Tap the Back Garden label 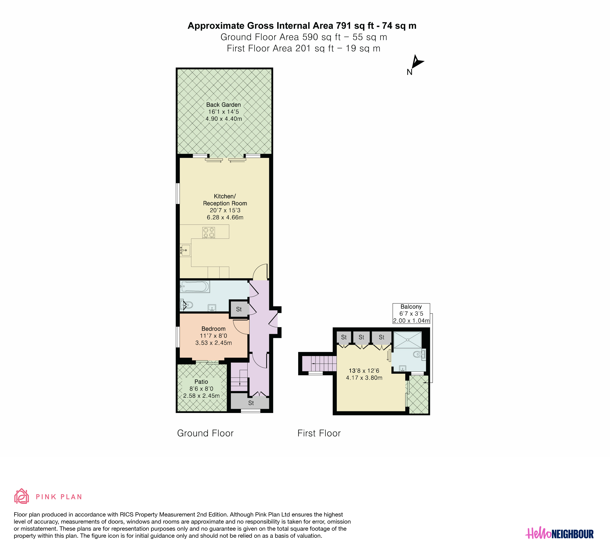224,105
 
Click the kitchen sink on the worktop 185,250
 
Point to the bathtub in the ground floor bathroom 195,286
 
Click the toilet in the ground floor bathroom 186,305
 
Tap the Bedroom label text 214,329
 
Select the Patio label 201,382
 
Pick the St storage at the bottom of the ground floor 250,403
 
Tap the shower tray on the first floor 407,340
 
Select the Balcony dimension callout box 411,314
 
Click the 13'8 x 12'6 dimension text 364,371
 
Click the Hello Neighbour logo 559,534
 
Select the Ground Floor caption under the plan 205,433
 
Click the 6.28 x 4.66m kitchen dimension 225,217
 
